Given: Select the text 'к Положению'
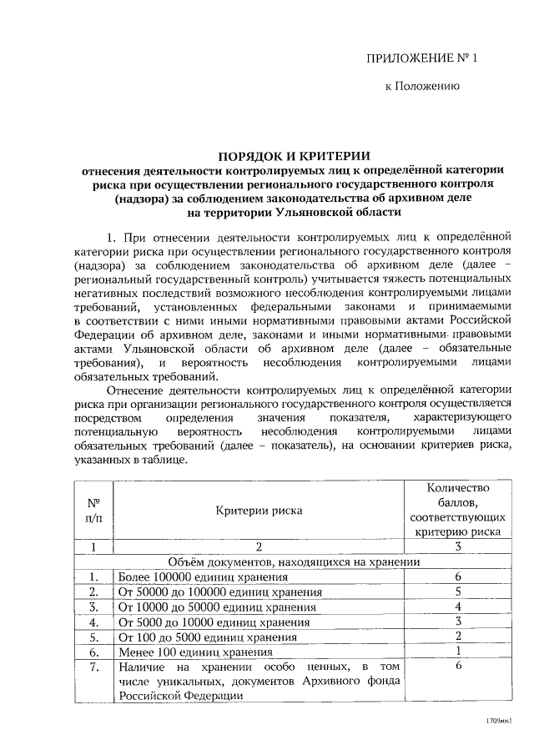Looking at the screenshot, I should point(421,86).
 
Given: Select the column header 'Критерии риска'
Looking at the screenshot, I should point(259,511).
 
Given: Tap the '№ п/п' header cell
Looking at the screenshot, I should point(93,511).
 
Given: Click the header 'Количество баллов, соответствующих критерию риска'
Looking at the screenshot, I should point(457,509).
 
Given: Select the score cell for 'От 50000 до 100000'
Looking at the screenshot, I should point(458,592).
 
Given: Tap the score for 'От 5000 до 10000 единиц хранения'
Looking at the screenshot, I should point(458,622).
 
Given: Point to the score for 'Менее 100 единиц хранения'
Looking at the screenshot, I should point(458,652).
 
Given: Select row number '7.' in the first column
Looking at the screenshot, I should point(93,667).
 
